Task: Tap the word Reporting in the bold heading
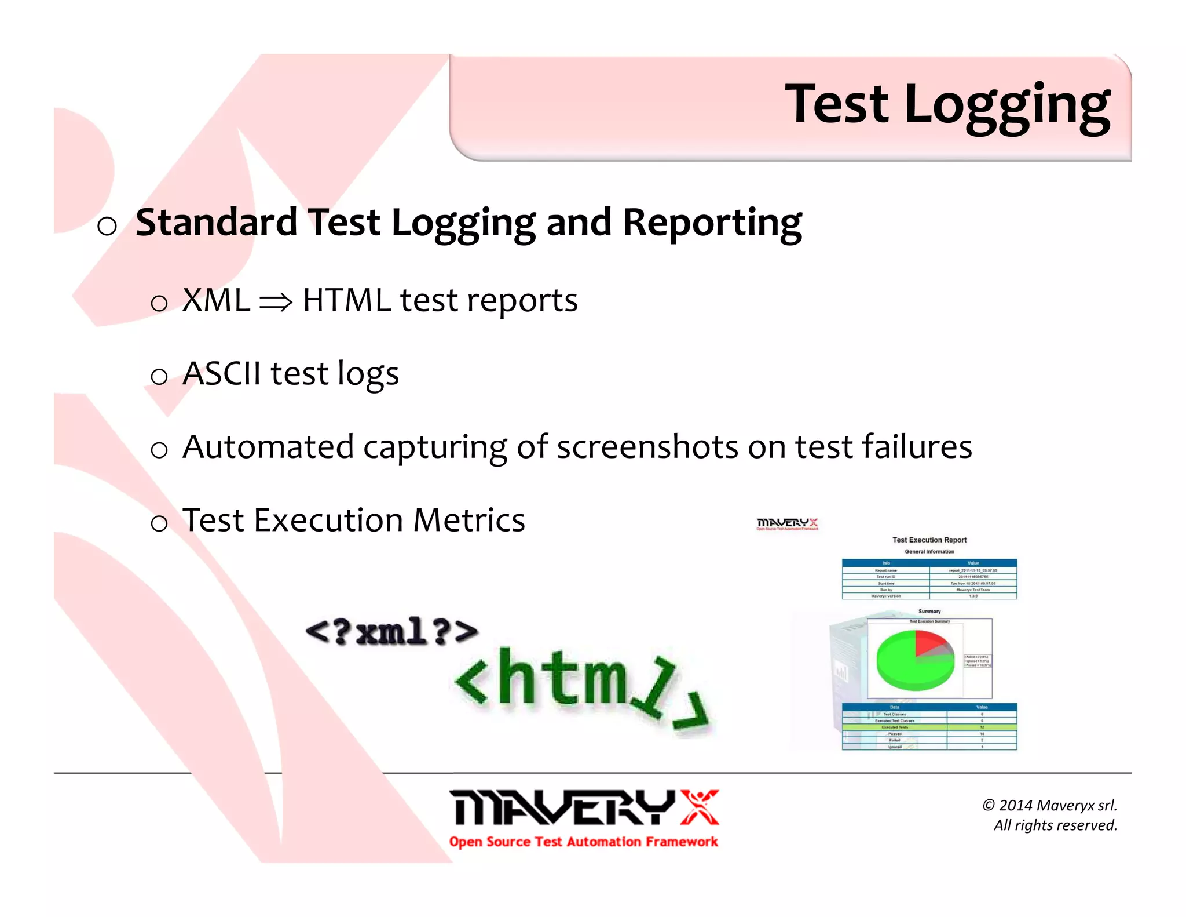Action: click(712, 223)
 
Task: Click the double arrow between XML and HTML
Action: click(276, 302)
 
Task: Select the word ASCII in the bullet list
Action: click(221, 373)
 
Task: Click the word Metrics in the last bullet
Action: click(468, 520)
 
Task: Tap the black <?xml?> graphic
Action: click(391, 632)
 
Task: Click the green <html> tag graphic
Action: click(579, 684)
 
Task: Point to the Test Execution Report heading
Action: click(929, 540)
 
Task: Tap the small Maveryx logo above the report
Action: click(787, 524)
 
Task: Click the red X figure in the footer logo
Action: click(699, 807)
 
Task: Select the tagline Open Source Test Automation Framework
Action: click(583, 842)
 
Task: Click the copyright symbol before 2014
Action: click(988, 805)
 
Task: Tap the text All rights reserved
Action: click(1055, 825)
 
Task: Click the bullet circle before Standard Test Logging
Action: click(107, 226)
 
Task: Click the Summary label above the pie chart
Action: click(929, 611)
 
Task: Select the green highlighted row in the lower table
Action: click(929, 727)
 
